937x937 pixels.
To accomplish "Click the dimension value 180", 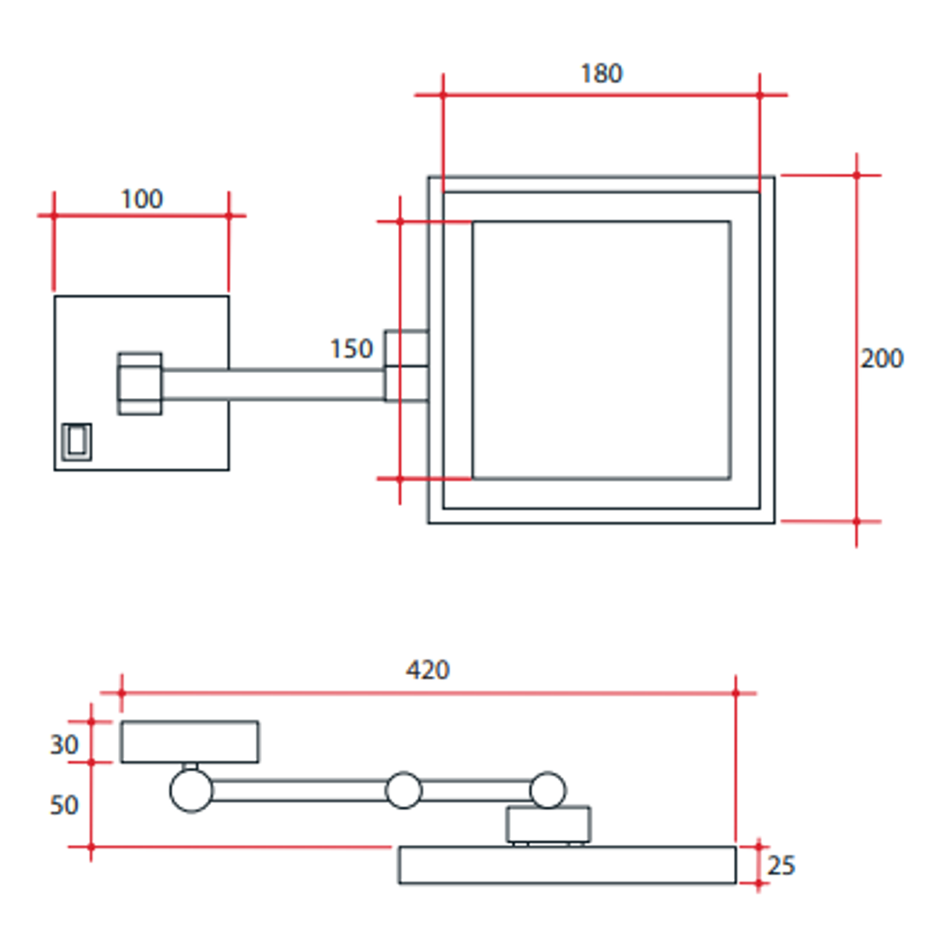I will click(x=601, y=74).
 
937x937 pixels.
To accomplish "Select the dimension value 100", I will click(x=141, y=199).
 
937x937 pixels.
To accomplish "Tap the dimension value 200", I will click(x=882, y=358).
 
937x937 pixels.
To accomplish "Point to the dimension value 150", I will click(x=351, y=349).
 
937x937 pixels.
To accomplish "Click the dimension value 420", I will click(x=428, y=670).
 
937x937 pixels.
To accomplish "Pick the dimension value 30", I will click(x=63, y=744).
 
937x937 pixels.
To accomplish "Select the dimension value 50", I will click(x=63, y=805).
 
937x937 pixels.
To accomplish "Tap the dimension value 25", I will click(x=782, y=866).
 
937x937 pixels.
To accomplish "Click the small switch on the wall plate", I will click(x=76, y=441).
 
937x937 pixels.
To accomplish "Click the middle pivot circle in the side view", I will click(x=403, y=790).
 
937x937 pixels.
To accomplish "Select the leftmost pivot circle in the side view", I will click(x=191, y=790).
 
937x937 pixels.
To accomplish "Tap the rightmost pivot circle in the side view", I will click(x=547, y=790).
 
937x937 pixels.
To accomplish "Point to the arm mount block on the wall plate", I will click(x=140, y=383).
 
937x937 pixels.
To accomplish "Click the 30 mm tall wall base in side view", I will click(x=189, y=742).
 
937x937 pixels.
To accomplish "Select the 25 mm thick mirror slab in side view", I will click(x=567, y=865).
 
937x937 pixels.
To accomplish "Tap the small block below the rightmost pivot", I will click(x=548, y=824).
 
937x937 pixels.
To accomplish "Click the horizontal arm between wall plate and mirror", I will click(x=272, y=384).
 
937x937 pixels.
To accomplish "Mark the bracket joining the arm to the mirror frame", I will click(x=406, y=366).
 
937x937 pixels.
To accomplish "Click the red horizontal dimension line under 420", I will click(x=428, y=693).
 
